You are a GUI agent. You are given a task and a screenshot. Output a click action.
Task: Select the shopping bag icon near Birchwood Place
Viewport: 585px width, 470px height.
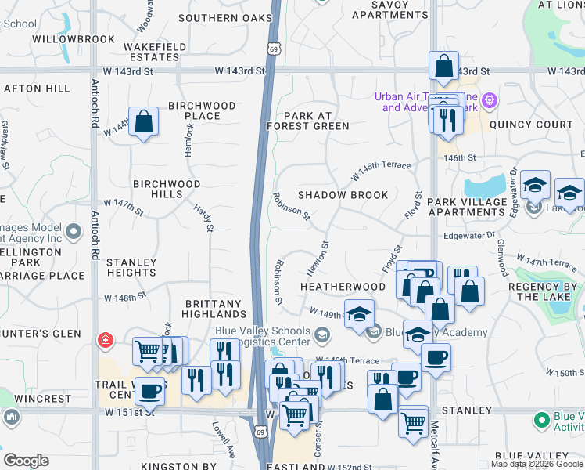[143, 122]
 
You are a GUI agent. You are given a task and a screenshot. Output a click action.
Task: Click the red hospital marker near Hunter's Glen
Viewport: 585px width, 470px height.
[104, 340]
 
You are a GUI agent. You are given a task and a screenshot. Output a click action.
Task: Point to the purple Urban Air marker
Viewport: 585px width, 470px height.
[490, 99]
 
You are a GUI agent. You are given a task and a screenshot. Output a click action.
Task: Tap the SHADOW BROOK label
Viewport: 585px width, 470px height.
[343, 195]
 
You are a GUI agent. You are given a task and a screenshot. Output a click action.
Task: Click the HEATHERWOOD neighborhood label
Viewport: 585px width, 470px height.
[343, 287]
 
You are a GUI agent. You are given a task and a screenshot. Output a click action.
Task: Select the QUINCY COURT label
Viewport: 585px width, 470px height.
[531, 125]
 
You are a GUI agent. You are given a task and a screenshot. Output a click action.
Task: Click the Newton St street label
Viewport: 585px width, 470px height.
[317, 258]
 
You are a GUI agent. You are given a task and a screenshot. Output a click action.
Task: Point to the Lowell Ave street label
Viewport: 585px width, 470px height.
[221, 439]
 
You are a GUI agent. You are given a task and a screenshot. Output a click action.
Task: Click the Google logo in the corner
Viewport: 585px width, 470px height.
[26, 461]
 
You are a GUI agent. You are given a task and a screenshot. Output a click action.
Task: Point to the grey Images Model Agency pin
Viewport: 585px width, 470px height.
[74, 232]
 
